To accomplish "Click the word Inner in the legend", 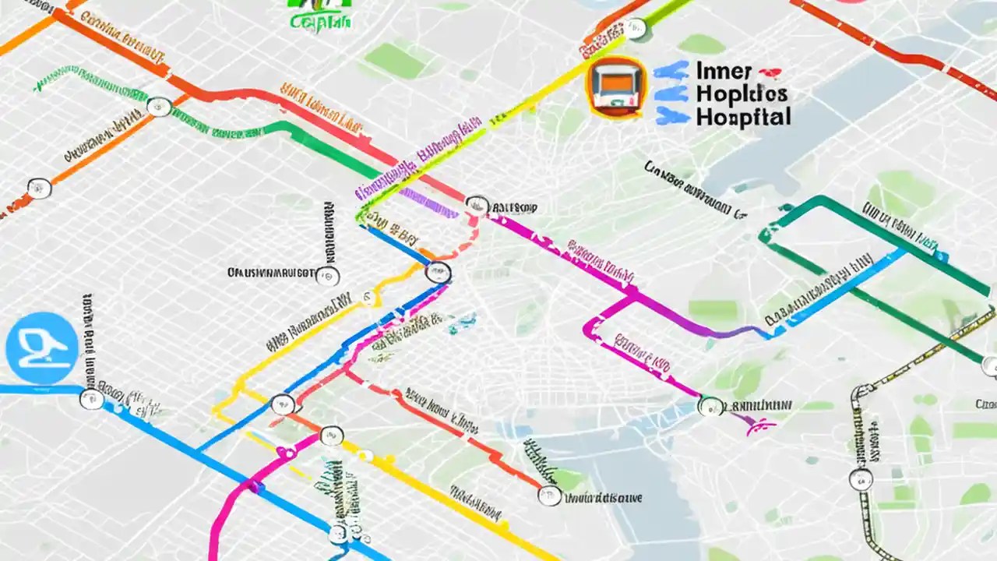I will pos(724,72).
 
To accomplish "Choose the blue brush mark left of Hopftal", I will pos(674,118).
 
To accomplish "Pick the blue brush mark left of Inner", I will pos(671,71).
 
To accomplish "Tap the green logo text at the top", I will pos(320,21).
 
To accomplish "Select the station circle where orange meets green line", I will pos(159,107).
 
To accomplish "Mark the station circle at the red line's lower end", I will pos(550,495).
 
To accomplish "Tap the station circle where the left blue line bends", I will pos(92,399).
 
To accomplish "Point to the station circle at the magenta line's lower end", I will pos(710,406).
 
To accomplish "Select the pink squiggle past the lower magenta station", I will pos(759,424).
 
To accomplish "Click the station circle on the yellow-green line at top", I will pos(636,29).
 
